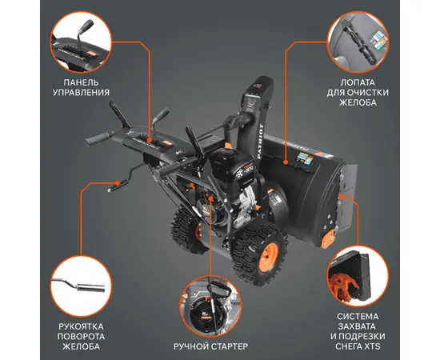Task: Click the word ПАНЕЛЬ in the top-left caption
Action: click(81, 82)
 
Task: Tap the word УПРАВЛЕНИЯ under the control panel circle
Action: click(81, 92)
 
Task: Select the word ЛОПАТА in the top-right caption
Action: click(358, 82)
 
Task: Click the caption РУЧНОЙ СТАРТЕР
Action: click(210, 346)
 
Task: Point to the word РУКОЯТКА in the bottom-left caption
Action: click(81, 326)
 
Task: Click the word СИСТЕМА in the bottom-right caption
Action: click(358, 317)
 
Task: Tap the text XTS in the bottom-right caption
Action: click(372, 346)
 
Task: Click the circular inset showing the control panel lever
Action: click(81, 42)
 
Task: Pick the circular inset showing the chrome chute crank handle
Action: click(81, 286)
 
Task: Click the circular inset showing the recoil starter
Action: click(210, 306)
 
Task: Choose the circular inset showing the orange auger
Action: click(358, 276)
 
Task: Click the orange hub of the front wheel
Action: click(268, 258)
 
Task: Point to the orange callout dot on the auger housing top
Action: click(286, 162)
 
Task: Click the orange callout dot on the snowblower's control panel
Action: click(150, 139)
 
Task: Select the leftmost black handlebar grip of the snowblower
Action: click(97, 138)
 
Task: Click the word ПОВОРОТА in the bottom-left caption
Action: click(81, 336)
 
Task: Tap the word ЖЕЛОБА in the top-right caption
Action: click(358, 102)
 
